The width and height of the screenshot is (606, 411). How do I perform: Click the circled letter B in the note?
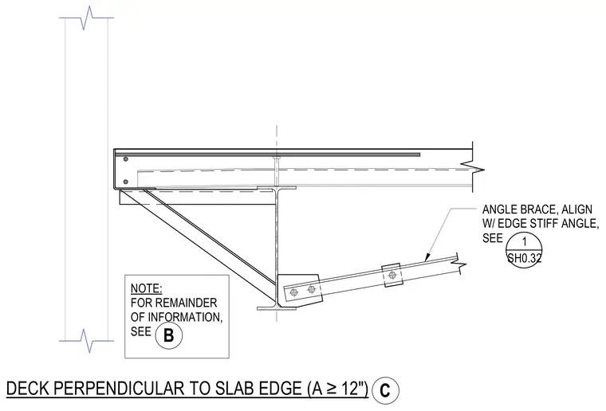(x=169, y=335)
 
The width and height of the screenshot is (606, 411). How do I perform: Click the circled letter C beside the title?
(x=385, y=390)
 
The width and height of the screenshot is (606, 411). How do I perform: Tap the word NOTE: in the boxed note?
(x=146, y=288)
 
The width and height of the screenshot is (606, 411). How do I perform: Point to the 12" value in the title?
(x=354, y=388)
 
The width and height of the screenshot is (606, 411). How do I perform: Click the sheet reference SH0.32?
(x=524, y=258)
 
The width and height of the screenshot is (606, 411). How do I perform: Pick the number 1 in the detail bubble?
(x=524, y=242)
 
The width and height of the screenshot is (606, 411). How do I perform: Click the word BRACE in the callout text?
(x=537, y=209)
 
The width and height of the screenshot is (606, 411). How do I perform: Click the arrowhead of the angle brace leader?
(x=427, y=257)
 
